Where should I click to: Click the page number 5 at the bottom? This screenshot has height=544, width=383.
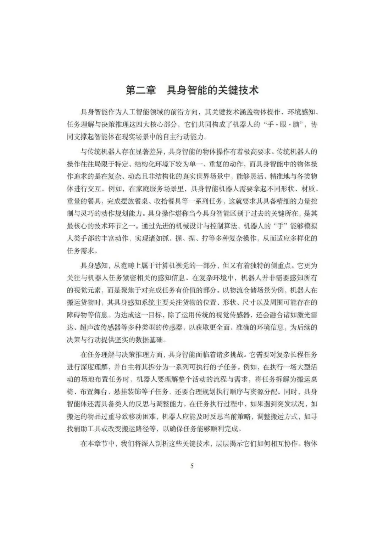click(192, 466)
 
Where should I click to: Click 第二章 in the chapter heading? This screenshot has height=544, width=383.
click(141, 90)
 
